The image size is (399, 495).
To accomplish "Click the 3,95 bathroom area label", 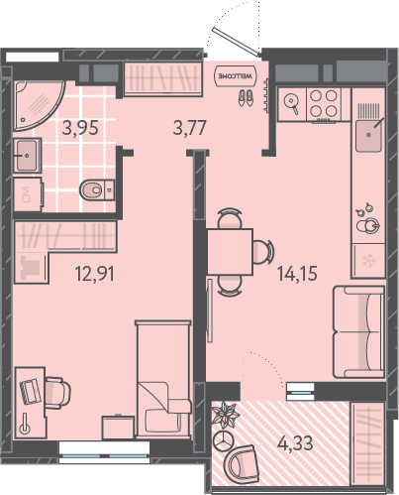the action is tap(80, 128).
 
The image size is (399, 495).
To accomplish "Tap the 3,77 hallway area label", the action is tap(190, 128).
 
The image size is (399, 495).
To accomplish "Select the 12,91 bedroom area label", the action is tap(95, 274).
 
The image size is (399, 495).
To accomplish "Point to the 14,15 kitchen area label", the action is tap(297, 274).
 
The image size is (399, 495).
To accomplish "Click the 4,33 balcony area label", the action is tap(295, 443).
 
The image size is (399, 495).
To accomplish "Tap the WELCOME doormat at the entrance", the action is tap(235, 75).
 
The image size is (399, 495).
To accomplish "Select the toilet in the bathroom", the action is tap(97, 189).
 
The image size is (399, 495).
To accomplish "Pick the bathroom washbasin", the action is tap(28, 155).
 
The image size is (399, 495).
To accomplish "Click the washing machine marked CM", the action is tap(28, 194).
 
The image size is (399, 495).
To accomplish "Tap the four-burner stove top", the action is tap(324, 103).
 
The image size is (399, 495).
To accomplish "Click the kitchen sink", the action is tap(368, 135).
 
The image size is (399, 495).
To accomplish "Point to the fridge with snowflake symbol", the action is tap(368, 261).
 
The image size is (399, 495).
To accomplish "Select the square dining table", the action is tap(230, 251).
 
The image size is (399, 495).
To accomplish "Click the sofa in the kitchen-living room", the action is tap(359, 331).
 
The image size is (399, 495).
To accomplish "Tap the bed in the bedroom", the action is tap(163, 379).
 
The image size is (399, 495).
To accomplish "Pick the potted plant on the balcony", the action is tap(225, 415).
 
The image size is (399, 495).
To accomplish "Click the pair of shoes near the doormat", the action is tap(247, 97).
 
